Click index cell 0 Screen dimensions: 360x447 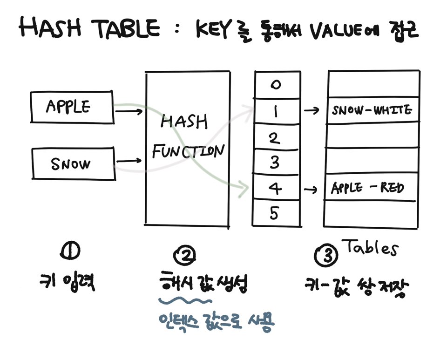pos(276,85)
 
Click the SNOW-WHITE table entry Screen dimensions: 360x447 pos(372,111)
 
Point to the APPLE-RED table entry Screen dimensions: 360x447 pos(367,188)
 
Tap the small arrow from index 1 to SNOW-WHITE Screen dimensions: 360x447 pos(312,111)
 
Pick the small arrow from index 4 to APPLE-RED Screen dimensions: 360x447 pos(312,190)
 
